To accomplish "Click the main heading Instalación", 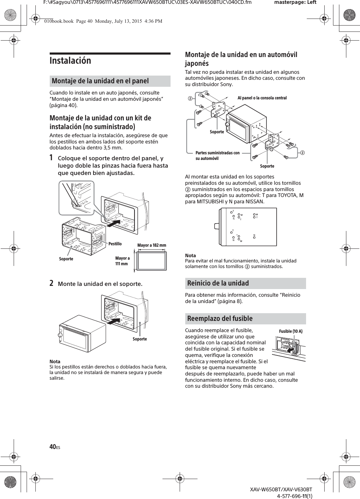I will [70, 61].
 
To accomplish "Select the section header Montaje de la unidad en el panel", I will [100, 81].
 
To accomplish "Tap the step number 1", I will [51, 158].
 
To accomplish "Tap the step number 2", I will [51, 283].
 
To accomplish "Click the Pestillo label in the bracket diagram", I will [115, 244].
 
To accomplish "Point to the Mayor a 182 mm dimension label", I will [152, 245].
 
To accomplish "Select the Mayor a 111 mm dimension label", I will [122, 261].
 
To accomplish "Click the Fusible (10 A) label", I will [291, 331].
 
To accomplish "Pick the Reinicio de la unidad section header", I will [218, 283].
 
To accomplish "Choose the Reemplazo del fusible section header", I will [220, 318].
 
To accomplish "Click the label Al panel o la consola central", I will [262, 98].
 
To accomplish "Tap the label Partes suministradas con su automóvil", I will [217, 155].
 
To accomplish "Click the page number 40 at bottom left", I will [53, 447].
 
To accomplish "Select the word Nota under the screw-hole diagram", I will [190, 255].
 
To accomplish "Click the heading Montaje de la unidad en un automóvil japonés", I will [241, 59].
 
